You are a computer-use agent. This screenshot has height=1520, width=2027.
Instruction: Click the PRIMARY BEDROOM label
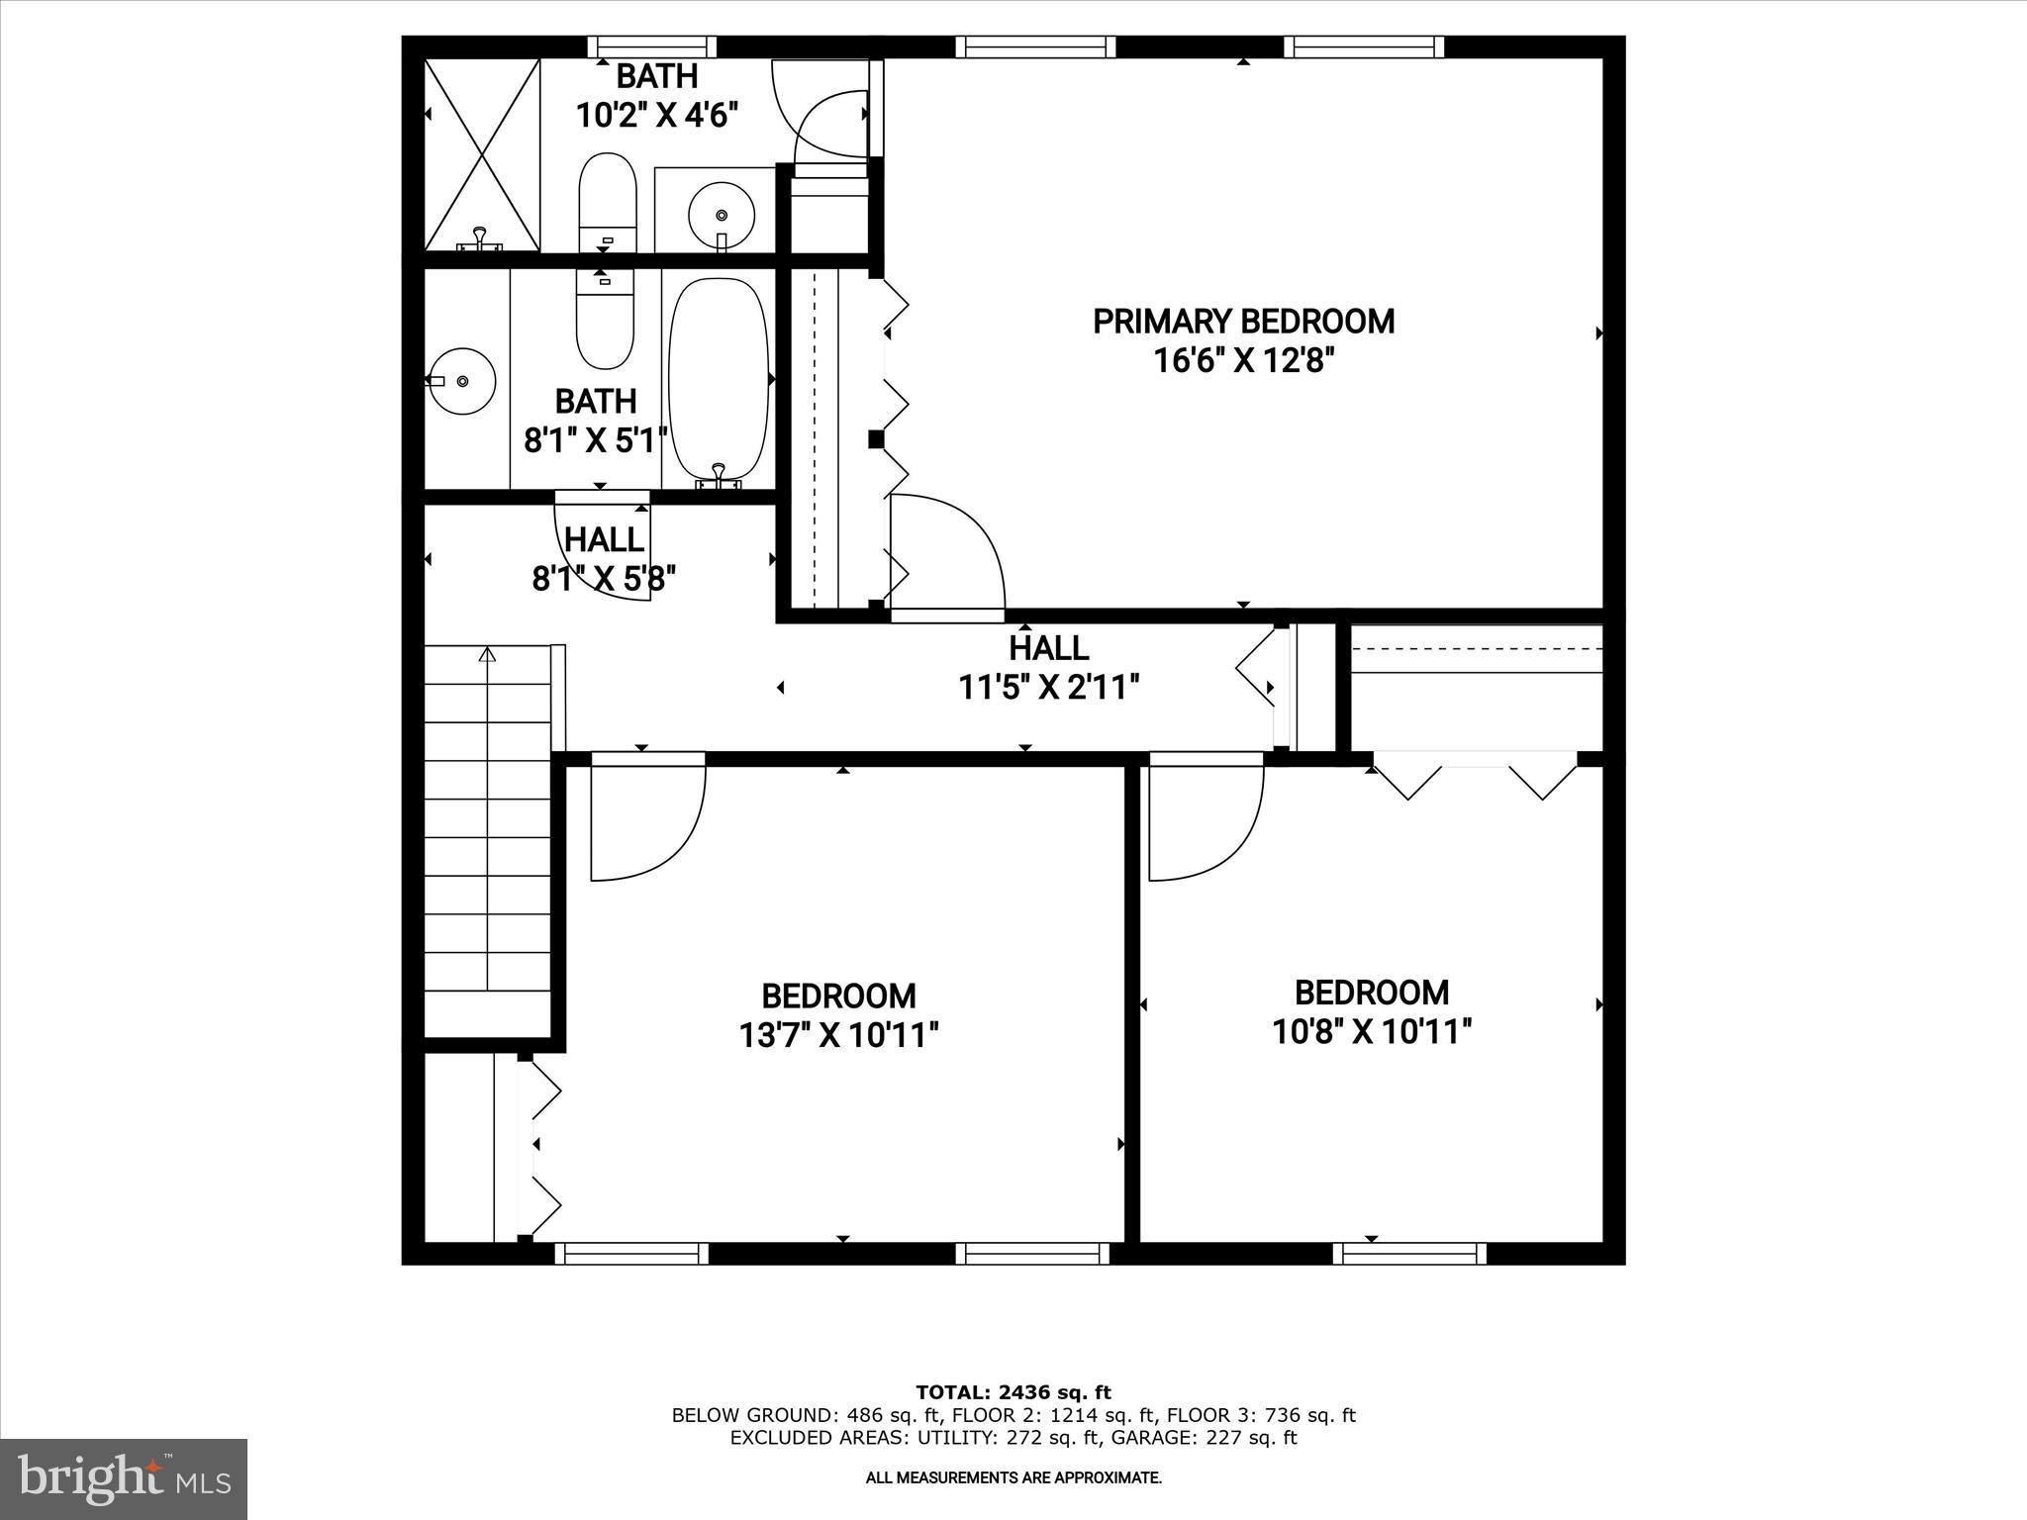click(x=1243, y=322)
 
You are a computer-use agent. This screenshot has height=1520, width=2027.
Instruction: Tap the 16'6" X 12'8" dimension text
click(x=1243, y=360)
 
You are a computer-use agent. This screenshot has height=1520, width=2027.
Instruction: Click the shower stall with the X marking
click(x=482, y=153)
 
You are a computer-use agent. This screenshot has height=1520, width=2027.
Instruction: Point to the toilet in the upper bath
click(x=606, y=202)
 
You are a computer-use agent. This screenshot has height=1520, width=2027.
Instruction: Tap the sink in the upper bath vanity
click(x=722, y=214)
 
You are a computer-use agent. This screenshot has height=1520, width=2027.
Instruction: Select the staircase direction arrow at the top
click(x=486, y=655)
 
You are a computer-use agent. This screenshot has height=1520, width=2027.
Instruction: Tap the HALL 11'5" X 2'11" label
click(x=1049, y=667)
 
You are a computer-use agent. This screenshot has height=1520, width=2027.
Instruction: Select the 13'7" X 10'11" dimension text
click(x=838, y=1035)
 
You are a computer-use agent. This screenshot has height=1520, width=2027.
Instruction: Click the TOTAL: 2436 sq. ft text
click(x=1013, y=1392)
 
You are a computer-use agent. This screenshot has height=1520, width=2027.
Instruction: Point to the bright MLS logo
click(x=124, y=1478)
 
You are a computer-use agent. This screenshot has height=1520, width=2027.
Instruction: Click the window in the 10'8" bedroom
click(x=1409, y=1254)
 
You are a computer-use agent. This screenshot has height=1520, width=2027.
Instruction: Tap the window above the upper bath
click(x=651, y=47)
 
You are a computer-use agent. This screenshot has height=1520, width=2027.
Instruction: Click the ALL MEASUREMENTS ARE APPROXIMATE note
click(x=1013, y=1477)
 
